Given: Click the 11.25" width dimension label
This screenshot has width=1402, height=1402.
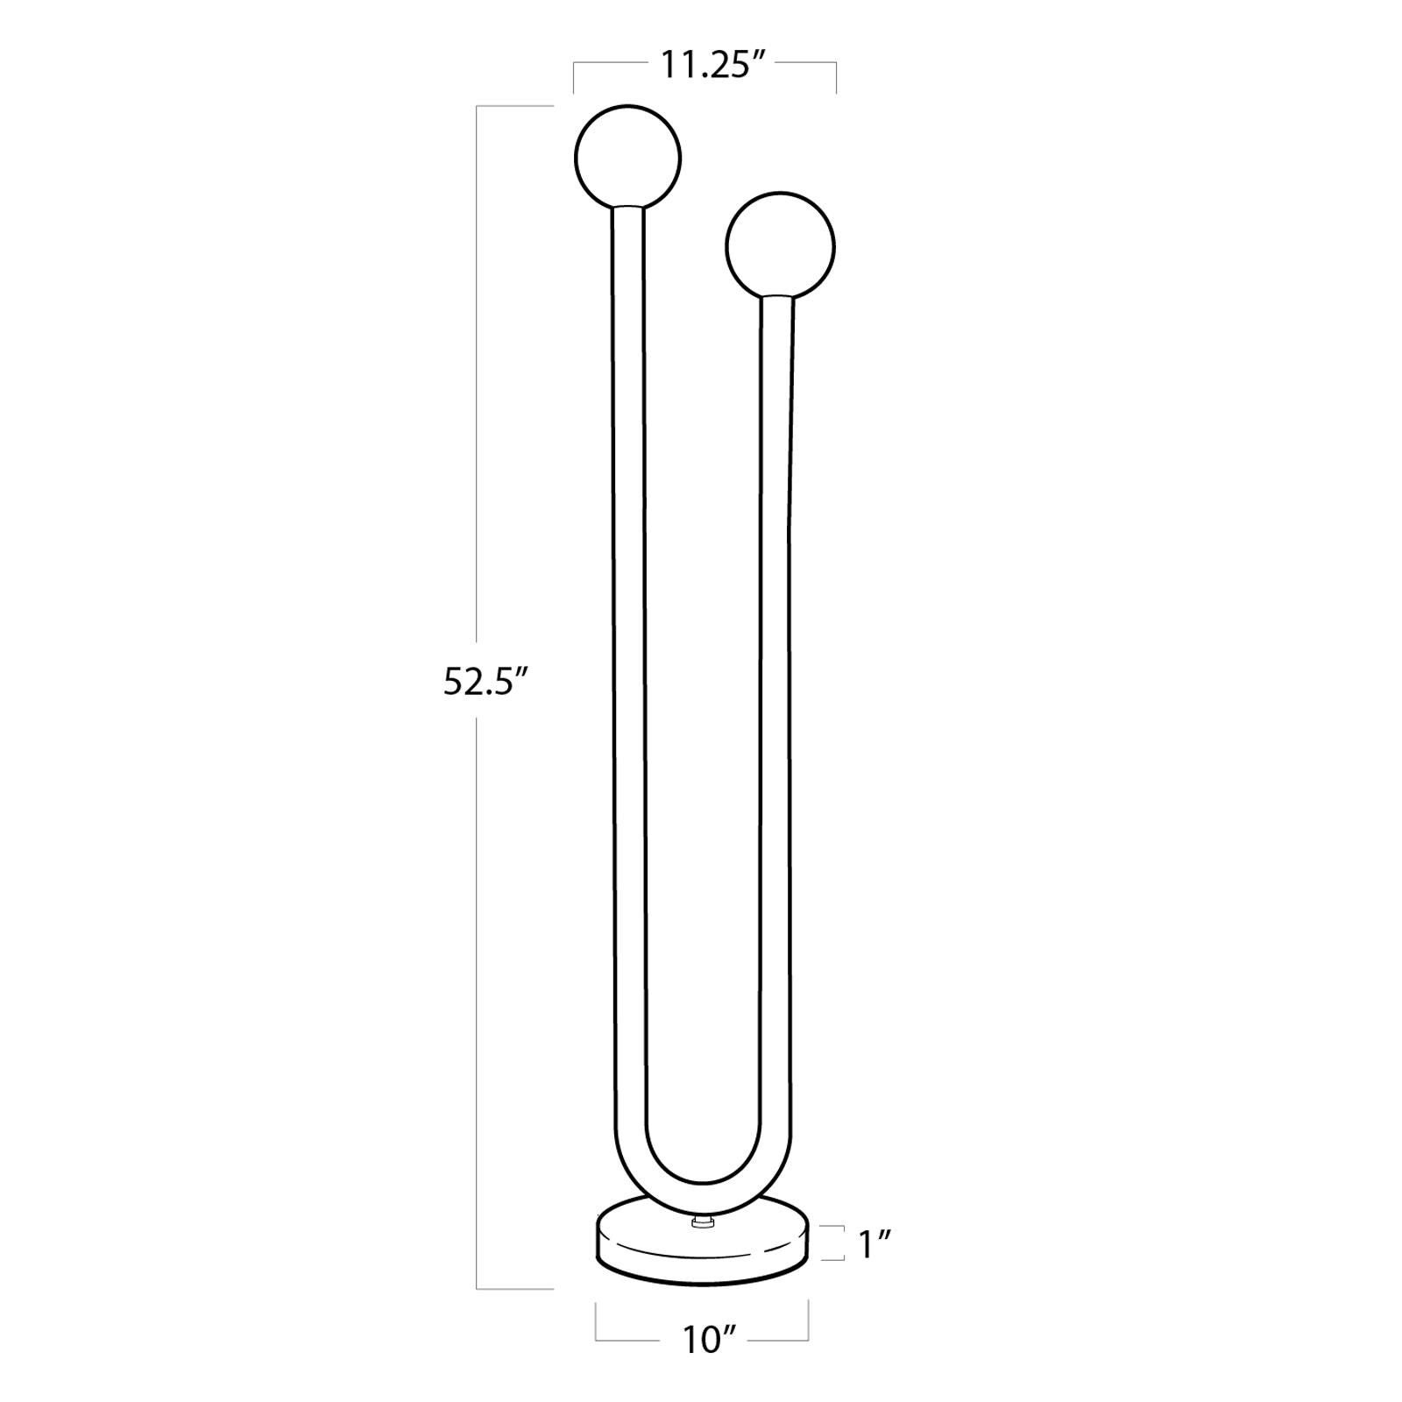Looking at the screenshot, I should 705,67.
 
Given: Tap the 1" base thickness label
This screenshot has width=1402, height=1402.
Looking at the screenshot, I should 874,1244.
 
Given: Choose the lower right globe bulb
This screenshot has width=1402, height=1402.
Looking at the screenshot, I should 780,246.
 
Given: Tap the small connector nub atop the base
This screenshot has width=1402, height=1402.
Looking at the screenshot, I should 701,1221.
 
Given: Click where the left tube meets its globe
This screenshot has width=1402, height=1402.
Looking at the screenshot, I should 627,207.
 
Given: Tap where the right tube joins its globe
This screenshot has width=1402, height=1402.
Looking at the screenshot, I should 779,297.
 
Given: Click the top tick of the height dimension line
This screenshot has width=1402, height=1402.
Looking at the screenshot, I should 515,106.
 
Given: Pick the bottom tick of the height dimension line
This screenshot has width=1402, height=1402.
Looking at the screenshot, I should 515,1289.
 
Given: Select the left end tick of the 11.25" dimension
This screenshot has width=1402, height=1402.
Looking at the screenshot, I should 574,77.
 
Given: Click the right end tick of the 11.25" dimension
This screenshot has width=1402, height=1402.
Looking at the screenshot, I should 836,77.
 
